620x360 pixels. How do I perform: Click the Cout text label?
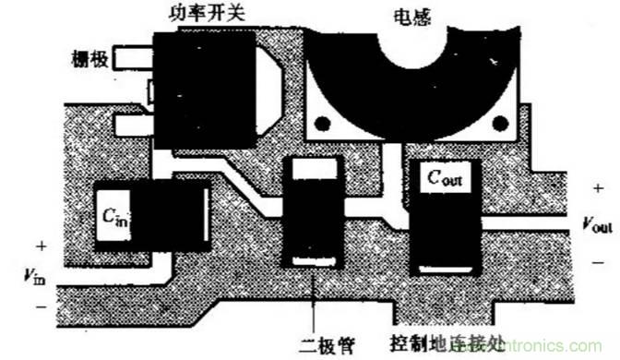[x=444, y=178]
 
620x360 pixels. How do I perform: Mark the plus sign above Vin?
[x=40, y=246]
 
